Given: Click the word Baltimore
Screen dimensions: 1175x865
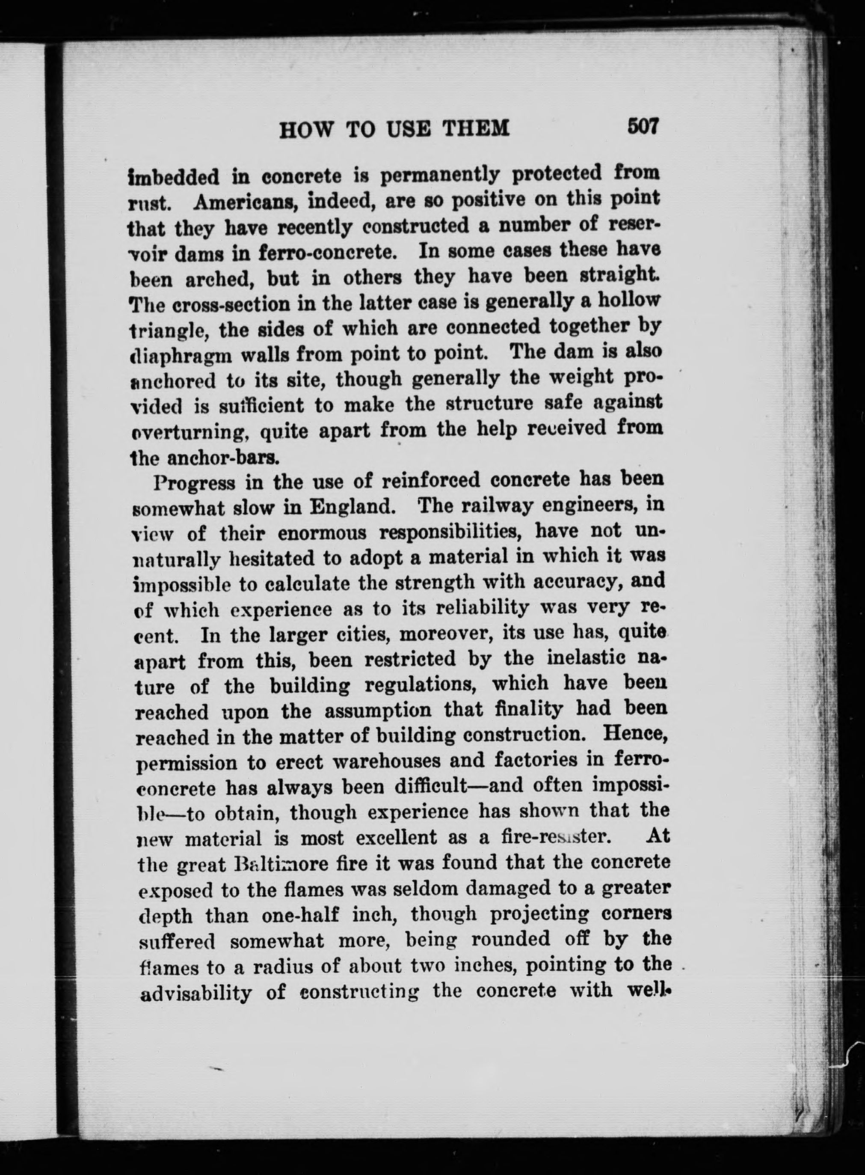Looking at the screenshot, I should pyautogui.click(x=287, y=864).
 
